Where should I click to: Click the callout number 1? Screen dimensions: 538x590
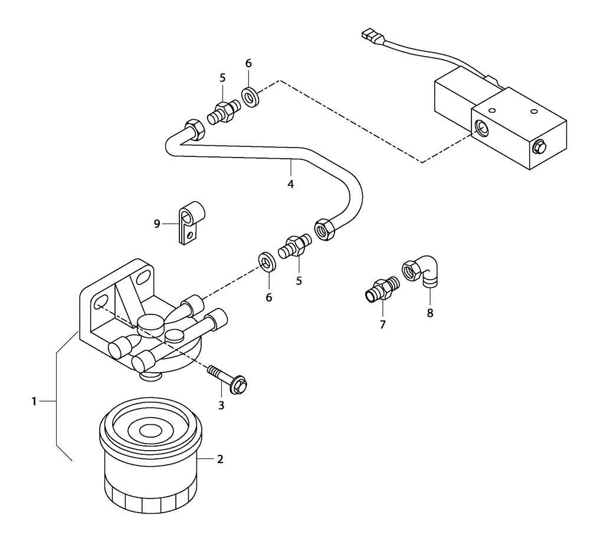pos(34,402)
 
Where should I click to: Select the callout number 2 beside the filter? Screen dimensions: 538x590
pos(219,459)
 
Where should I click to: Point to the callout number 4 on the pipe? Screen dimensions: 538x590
pos(290,183)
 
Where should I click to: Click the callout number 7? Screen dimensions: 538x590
pos(382,324)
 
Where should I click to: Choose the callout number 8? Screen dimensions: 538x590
pos(430,313)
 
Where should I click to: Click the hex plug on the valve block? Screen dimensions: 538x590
pos(539,146)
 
